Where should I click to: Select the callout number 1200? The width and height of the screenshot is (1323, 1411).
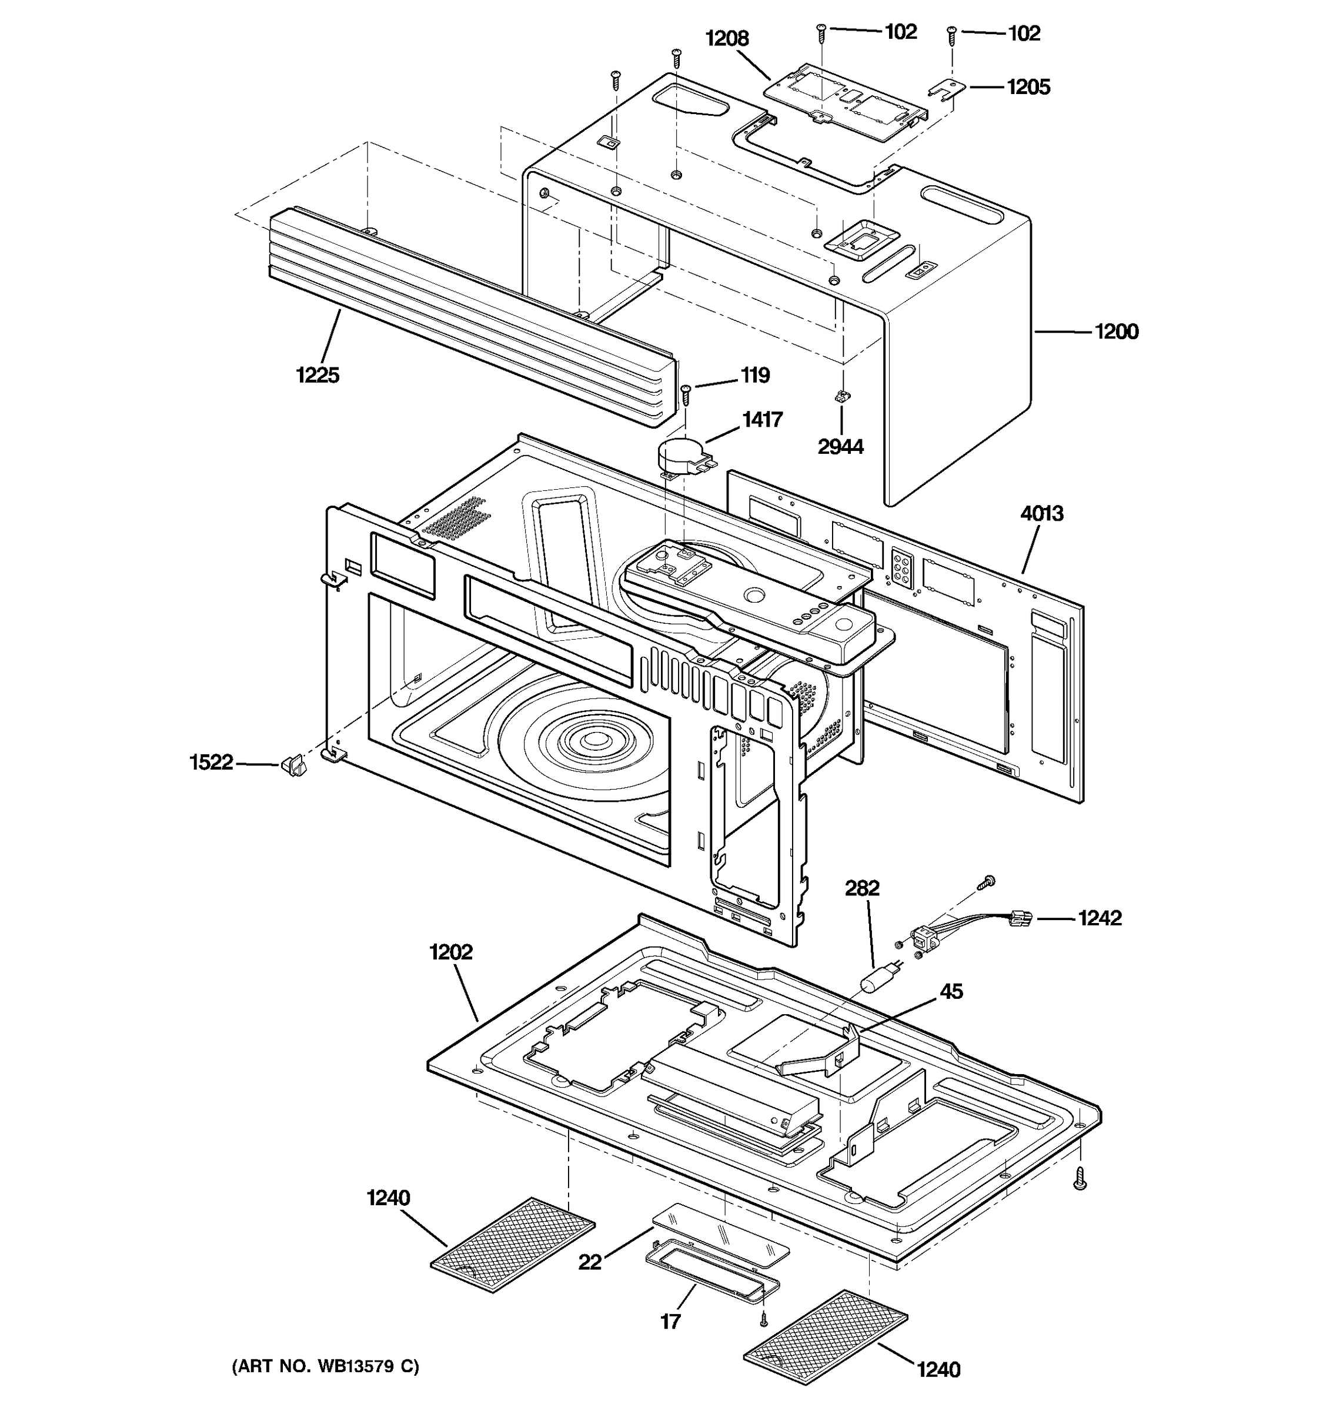(x=1117, y=332)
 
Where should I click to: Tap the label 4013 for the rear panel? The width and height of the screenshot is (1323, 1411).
(x=1042, y=513)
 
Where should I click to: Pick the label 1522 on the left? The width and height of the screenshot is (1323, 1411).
(x=211, y=763)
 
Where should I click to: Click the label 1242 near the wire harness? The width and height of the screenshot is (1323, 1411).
(x=1100, y=918)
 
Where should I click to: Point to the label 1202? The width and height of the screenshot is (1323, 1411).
(x=450, y=952)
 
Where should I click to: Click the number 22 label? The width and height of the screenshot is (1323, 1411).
(x=590, y=1262)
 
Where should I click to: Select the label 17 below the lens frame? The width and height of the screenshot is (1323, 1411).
(x=671, y=1321)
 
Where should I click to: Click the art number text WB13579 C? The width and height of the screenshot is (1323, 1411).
(x=325, y=1366)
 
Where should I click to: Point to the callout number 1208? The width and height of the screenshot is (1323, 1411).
(x=727, y=39)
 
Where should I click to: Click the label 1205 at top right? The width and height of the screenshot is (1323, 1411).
(x=1028, y=86)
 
